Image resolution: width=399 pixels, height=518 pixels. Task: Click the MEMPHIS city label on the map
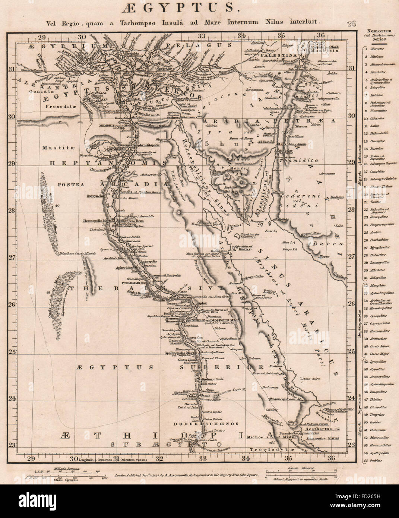(x=98, y=126)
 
